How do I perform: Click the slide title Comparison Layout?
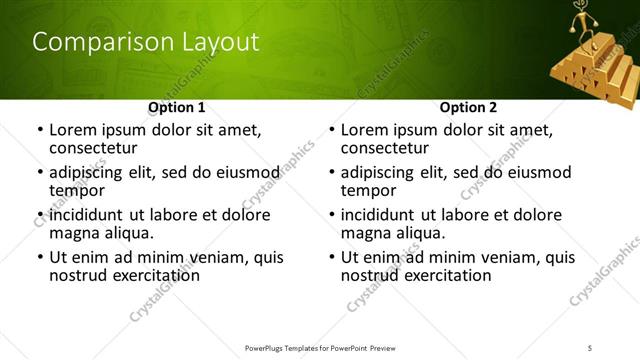146,42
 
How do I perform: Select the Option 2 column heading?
468,107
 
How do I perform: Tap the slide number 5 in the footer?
591,347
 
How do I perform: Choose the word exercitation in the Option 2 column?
445,275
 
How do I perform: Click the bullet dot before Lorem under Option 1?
39,130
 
